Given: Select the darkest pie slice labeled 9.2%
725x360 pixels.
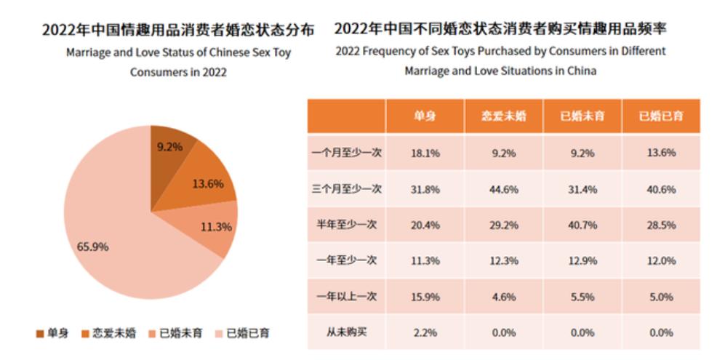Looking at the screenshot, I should (x=169, y=145).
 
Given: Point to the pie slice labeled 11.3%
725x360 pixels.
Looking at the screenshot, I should (x=214, y=227).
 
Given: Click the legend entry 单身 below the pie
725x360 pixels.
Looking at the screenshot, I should (x=52, y=333).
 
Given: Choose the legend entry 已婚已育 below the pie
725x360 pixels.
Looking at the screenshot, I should (x=241, y=333).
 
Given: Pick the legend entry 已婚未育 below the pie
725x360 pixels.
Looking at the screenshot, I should (x=175, y=333).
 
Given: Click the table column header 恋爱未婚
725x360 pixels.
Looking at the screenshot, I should (x=503, y=116).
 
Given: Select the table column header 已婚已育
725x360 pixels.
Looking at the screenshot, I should (x=660, y=116).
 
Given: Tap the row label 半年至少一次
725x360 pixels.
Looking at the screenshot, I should (x=346, y=225).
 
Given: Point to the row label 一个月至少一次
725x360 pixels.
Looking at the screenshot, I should (x=346, y=153).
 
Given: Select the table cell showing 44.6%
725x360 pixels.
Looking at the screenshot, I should (x=503, y=189).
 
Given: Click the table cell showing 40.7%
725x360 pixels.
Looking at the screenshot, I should (x=582, y=225).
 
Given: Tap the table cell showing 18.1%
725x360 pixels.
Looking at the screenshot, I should (x=425, y=153).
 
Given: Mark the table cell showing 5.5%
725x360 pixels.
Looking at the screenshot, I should (x=582, y=297).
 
